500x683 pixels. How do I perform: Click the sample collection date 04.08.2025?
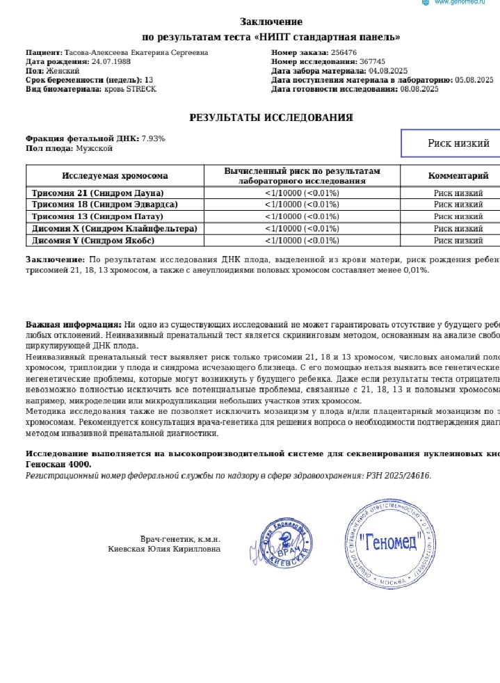(388, 70)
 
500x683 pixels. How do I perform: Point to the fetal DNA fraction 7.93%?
(153, 138)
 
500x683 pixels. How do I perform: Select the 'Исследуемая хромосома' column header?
(115, 176)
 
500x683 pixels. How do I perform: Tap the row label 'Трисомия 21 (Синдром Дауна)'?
(98, 193)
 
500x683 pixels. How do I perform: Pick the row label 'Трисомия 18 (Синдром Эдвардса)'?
(105, 204)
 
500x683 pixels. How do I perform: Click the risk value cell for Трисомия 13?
(302, 216)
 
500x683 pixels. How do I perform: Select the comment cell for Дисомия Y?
(458, 241)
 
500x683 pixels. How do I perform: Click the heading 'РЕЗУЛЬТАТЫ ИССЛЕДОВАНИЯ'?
(271, 118)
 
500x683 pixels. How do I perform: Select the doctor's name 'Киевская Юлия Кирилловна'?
(164, 549)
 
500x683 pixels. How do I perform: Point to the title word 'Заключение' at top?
(271, 22)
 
